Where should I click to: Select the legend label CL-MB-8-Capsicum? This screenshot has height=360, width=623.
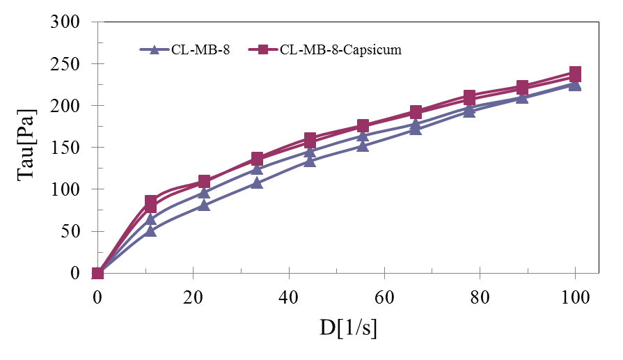coord(340,49)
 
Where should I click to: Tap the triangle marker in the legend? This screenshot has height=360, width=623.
coord(155,49)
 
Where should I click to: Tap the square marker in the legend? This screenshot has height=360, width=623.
coord(264,49)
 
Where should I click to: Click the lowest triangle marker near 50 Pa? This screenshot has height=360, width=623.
coord(150,230)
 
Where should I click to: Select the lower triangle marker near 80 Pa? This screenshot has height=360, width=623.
coord(204,205)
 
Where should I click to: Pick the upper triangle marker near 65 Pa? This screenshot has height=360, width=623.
coord(150,219)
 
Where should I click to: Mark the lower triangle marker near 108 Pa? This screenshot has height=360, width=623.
coord(257,183)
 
